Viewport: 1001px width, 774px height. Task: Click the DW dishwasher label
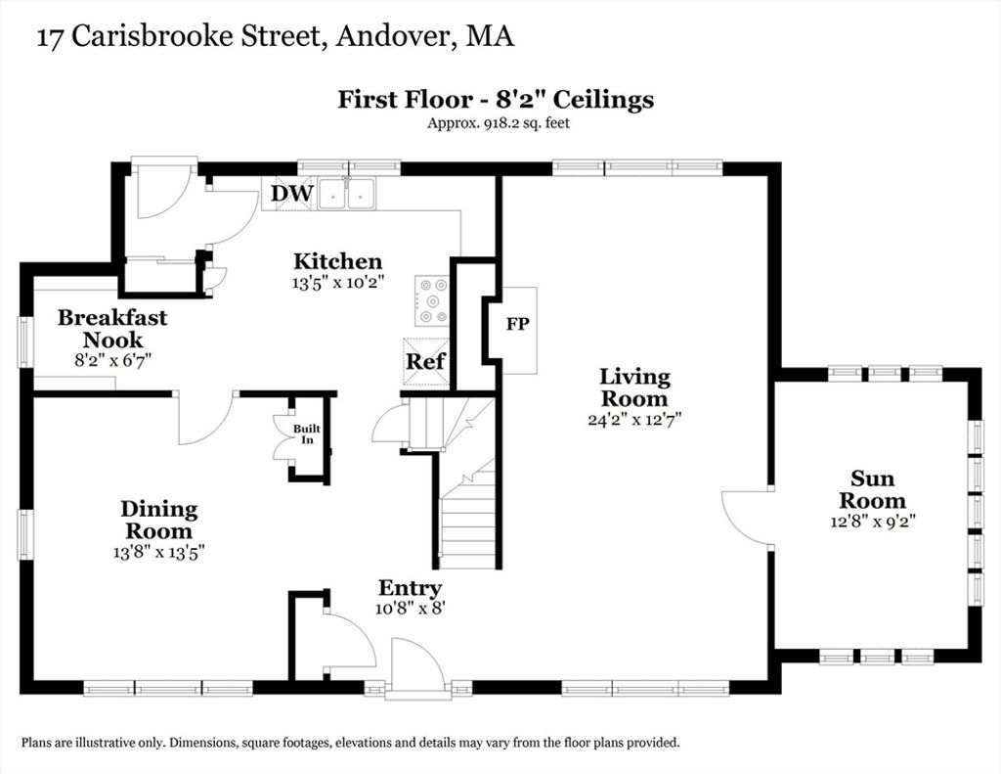click(291, 193)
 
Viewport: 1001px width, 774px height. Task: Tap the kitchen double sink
click(346, 193)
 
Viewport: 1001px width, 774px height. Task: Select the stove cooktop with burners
click(432, 299)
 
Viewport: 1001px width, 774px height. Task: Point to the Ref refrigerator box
click(426, 362)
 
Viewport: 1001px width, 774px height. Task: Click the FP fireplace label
click(518, 324)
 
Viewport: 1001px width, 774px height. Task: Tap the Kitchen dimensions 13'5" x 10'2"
click(337, 283)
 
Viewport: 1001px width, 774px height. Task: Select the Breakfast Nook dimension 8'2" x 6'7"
click(112, 360)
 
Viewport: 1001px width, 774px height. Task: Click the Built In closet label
click(307, 434)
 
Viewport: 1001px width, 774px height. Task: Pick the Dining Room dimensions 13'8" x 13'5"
click(158, 552)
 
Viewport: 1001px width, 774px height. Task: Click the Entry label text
click(410, 588)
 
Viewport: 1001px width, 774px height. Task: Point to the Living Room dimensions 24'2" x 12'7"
click(634, 419)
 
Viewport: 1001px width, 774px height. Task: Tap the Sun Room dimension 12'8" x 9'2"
click(873, 521)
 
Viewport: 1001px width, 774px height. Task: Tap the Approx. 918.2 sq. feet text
click(498, 122)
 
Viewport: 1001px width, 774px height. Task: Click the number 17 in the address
click(50, 38)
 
